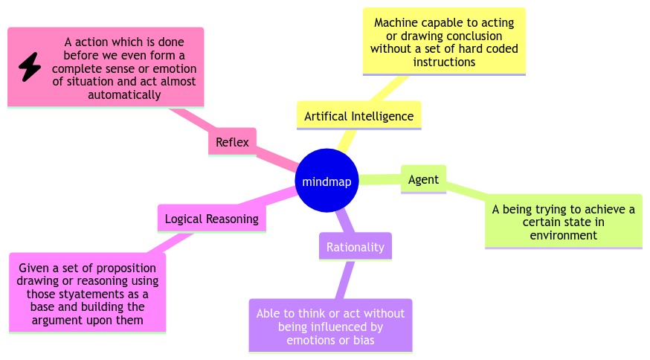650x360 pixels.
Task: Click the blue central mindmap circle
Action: (327, 181)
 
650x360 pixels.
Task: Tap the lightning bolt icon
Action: (30, 68)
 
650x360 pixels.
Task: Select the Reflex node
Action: (232, 141)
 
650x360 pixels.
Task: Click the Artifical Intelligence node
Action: (358, 116)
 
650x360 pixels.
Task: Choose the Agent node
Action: (423, 179)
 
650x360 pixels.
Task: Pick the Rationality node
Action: (355, 247)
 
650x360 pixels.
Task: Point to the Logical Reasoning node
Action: (211, 219)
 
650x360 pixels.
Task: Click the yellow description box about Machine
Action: (444, 42)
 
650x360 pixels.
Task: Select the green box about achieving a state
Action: (563, 222)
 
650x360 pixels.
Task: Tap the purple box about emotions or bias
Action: (330, 326)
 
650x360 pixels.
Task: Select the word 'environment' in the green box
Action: (563, 235)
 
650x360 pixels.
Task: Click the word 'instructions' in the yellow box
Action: (444, 62)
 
